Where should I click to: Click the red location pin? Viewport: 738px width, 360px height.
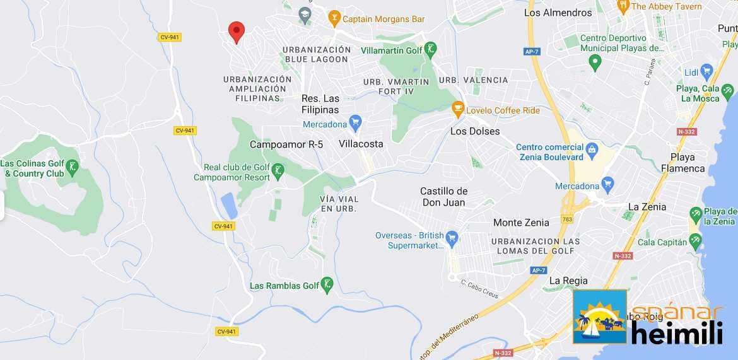pyautogui.click(x=237, y=31)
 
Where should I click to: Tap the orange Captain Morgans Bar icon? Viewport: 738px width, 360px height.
pyautogui.click(x=334, y=18)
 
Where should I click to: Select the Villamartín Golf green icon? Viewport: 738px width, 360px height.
pyautogui.click(x=431, y=50)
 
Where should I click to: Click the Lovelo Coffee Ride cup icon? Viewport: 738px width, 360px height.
pyautogui.click(x=459, y=109)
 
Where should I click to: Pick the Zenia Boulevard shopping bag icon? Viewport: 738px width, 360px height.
pyautogui.click(x=592, y=150)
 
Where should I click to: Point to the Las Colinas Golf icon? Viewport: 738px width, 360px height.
pyautogui.click(x=73, y=168)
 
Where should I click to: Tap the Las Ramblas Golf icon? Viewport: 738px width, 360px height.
pyautogui.click(x=327, y=285)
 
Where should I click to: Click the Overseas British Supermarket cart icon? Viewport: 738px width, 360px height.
pyautogui.click(x=451, y=238)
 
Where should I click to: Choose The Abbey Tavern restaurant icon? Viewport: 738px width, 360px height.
pyautogui.click(x=623, y=6)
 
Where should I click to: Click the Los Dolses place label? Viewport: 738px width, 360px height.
pyautogui.click(x=475, y=131)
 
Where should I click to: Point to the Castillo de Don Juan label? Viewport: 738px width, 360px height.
pyautogui.click(x=444, y=197)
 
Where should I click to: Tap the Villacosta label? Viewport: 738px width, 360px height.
pyautogui.click(x=361, y=144)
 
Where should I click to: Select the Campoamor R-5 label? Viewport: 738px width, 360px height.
pyautogui.click(x=286, y=144)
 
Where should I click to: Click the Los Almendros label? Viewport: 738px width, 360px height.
pyautogui.click(x=558, y=13)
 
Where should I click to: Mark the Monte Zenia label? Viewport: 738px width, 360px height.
pyautogui.click(x=521, y=223)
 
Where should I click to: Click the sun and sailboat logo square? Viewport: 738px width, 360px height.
pyautogui.click(x=600, y=316)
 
